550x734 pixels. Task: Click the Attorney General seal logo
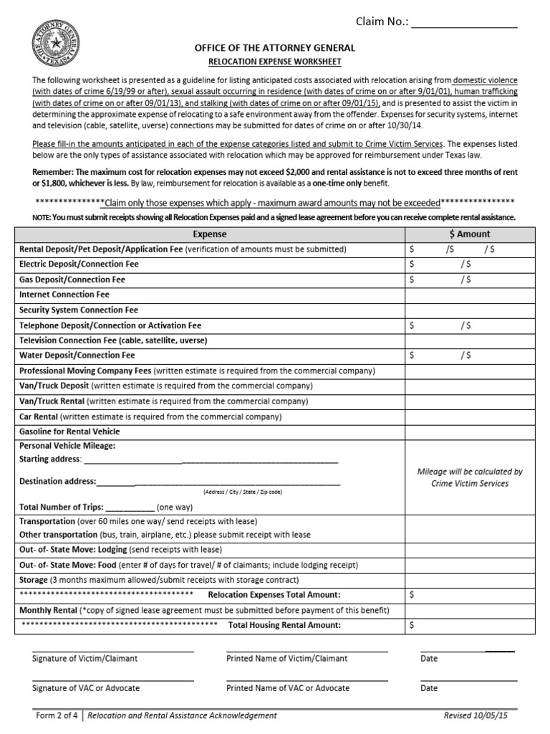pos(55,44)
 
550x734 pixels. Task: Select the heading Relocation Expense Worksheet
pos(274,62)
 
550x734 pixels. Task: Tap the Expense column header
pos(210,234)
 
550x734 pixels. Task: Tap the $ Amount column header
pos(469,234)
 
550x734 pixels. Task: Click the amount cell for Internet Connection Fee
pos(469,295)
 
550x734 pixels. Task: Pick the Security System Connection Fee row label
pos(79,310)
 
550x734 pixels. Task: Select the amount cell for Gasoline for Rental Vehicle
pos(469,432)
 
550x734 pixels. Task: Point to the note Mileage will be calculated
pos(469,477)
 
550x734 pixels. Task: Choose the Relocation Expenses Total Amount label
pos(274,595)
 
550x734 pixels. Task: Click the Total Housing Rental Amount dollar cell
pos(469,625)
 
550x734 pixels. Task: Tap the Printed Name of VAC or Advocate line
pos(307,679)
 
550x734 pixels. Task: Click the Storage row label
pos(34,580)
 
